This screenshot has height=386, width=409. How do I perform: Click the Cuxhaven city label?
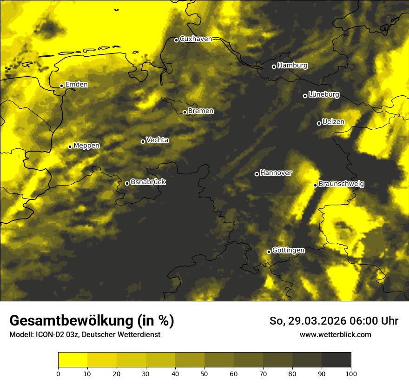pyautogui.click(x=196, y=39)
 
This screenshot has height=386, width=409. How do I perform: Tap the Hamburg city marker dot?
pyautogui.click(x=274, y=67)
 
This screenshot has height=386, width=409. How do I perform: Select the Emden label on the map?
pyautogui.click(x=76, y=85)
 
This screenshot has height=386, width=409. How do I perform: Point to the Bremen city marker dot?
pyautogui.click(x=185, y=112)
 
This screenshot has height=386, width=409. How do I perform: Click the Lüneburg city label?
pyautogui.click(x=323, y=95)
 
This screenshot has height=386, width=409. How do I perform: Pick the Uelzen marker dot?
pyautogui.click(x=319, y=123)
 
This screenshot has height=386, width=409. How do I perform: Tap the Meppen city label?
pyautogui.click(x=86, y=146)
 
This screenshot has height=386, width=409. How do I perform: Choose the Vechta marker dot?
pyautogui.click(x=143, y=141)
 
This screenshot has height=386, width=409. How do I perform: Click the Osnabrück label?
pyautogui.click(x=148, y=182)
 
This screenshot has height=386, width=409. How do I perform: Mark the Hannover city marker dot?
pyautogui.click(x=257, y=174)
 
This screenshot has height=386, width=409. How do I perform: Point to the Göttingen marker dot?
pyautogui.click(x=269, y=252)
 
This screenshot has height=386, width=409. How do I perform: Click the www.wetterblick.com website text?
pyautogui.click(x=335, y=334)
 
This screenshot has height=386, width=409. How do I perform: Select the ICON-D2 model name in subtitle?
pyautogui.click(x=48, y=335)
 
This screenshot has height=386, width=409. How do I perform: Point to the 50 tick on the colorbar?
pyautogui.click(x=204, y=373)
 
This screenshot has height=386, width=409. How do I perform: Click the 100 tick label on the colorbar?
pyautogui.click(x=351, y=373)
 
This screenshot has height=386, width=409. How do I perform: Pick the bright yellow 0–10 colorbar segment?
pyautogui.click(x=73, y=360)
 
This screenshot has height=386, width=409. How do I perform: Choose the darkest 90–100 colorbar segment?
pyautogui.click(x=336, y=360)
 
